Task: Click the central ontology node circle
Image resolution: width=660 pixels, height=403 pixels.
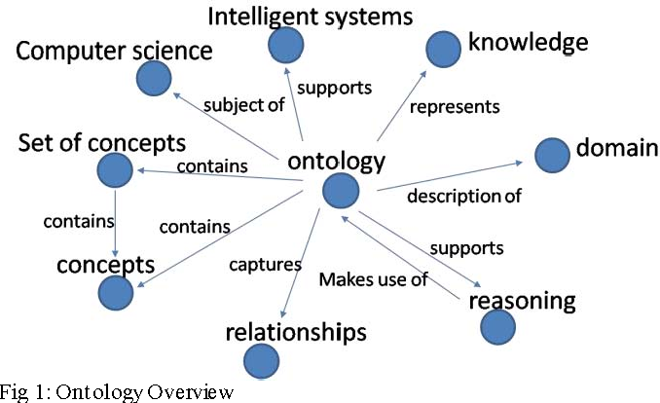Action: pyautogui.click(x=340, y=191)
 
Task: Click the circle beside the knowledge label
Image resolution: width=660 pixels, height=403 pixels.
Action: pyautogui.click(x=444, y=46)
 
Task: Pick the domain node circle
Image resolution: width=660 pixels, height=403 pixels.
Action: pyautogui.click(x=552, y=154)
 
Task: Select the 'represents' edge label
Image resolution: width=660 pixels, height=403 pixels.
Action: pyautogui.click(x=454, y=106)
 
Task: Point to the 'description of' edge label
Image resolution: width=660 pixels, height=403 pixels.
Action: pyautogui.click(x=464, y=196)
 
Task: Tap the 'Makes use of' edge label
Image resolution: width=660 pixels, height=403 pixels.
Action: pyautogui.click(x=374, y=280)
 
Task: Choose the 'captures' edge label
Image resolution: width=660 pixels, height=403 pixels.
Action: pyautogui.click(x=258, y=264)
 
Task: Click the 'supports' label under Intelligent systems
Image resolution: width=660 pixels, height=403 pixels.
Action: pyautogui.click(x=334, y=88)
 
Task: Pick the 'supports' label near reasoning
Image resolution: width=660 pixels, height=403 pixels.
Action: pyautogui.click(x=466, y=247)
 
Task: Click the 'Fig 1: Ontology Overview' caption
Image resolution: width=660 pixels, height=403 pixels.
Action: pyautogui.click(x=117, y=392)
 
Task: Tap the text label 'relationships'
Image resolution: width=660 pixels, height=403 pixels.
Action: pyautogui.click(x=296, y=333)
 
